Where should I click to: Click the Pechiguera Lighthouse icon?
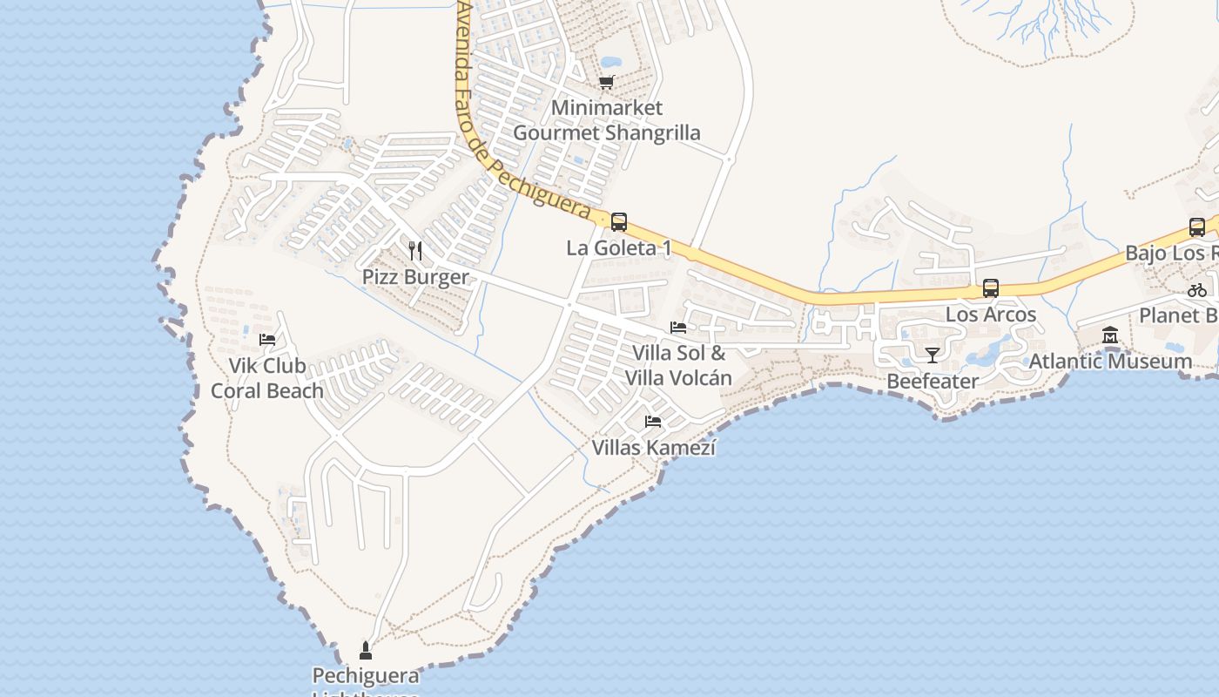coord(366,650)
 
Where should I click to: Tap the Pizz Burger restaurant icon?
coord(415,251)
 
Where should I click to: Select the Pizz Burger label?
coord(415,277)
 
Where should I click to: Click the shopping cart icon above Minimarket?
coord(606,82)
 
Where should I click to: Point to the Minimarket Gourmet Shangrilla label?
coord(607,120)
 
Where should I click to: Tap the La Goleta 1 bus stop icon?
coord(619,221)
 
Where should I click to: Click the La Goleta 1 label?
coord(619,248)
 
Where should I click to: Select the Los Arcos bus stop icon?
coord(990,288)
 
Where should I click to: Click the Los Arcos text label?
coord(991,315)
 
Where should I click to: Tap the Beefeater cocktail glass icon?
coord(932,355)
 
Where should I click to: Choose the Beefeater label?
coord(933,381)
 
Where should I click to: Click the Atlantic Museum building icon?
coord(1110,335)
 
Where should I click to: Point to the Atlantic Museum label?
coord(1110,361)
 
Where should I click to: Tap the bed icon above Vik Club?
coord(267,339)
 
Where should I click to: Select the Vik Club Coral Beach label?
coord(267,378)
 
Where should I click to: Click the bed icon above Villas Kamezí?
coord(653,422)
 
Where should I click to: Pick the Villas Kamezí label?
coord(654,448)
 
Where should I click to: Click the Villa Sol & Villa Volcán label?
coord(678,365)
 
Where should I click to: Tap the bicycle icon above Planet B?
coord(1197,290)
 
